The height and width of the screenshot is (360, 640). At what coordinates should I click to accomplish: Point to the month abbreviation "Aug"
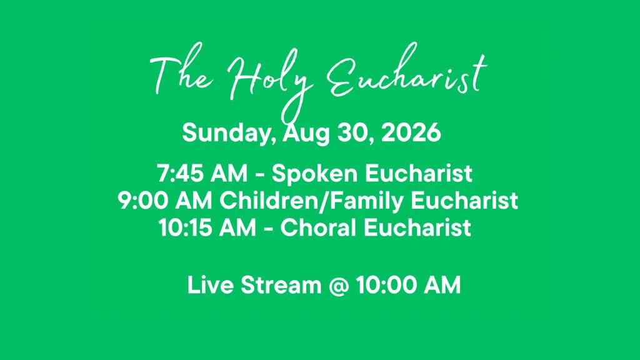[x=306, y=134]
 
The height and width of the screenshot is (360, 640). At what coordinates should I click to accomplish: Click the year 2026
[x=411, y=132]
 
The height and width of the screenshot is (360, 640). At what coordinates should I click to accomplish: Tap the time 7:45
[x=180, y=173]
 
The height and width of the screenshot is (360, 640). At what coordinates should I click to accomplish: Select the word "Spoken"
[x=314, y=174]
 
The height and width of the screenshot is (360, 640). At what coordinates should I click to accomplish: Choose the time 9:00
[x=143, y=201]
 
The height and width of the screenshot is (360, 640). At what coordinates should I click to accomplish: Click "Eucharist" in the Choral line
[x=417, y=227]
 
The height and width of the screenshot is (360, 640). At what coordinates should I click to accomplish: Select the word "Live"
[x=210, y=285]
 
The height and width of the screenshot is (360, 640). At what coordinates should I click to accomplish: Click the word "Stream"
[x=281, y=285]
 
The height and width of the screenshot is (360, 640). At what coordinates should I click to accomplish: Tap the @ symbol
[x=339, y=285]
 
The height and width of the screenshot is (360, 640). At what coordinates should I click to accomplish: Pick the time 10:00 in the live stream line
[x=386, y=285]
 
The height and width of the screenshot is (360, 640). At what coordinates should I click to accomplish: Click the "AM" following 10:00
[x=442, y=285]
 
